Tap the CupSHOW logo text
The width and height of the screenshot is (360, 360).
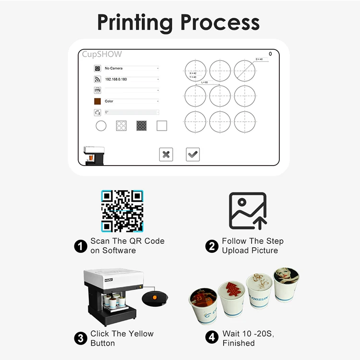click(102, 54)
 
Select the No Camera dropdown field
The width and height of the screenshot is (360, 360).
click(131, 68)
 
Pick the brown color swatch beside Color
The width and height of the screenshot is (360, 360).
click(97, 101)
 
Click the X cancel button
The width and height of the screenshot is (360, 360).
click(166, 154)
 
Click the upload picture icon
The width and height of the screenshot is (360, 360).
click(248, 211)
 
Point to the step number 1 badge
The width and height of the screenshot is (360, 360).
click(80, 246)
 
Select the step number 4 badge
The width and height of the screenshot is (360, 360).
click(212, 338)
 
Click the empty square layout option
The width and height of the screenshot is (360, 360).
click(162, 126)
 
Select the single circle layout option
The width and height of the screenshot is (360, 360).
click(101, 126)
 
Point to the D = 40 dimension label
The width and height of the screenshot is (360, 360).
click(259, 59)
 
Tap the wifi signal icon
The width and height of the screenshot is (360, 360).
click(97, 79)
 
